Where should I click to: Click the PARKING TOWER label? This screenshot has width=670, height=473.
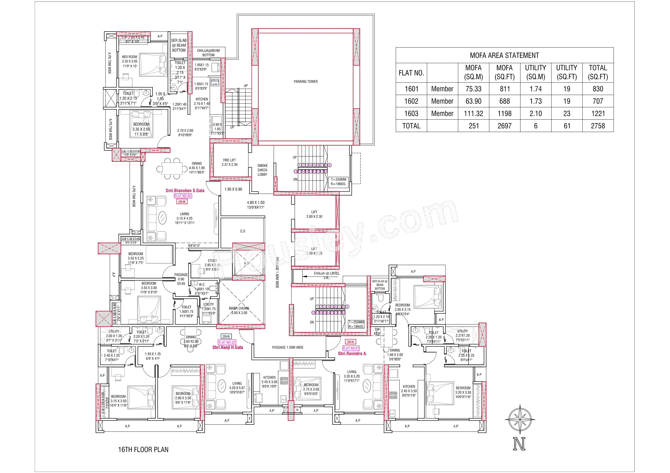[x=306, y=82]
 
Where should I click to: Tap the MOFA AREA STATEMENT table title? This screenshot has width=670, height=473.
[x=504, y=55]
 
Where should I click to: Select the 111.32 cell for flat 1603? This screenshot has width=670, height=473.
[x=473, y=114]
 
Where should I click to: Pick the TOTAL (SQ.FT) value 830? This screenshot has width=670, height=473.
[x=598, y=89]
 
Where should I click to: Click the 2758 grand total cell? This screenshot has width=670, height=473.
[x=598, y=126]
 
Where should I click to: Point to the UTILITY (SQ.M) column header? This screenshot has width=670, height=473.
[x=536, y=72]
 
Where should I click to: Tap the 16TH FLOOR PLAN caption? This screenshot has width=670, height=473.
[x=143, y=449]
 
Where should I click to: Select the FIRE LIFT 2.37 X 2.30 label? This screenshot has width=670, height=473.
[x=229, y=162]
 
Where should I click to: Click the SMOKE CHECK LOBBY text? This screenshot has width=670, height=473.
[x=262, y=170]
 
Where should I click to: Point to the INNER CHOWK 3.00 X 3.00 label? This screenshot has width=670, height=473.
[x=239, y=310]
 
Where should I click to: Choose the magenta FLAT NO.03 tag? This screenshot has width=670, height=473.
[x=183, y=196]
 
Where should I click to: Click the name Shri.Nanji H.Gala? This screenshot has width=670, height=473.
[x=227, y=347]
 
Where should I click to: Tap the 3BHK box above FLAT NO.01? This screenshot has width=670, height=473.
[x=350, y=342]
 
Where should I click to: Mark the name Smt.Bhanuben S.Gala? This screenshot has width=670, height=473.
[x=185, y=191]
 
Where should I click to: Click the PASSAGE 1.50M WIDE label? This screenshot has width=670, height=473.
[x=287, y=347]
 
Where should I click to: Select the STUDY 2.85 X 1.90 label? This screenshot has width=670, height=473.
[x=212, y=265]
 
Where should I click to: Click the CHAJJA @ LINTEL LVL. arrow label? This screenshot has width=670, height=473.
[x=326, y=275]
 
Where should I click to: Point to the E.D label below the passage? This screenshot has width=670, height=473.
[x=242, y=231]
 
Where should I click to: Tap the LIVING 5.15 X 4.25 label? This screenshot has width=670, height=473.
[x=184, y=218]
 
